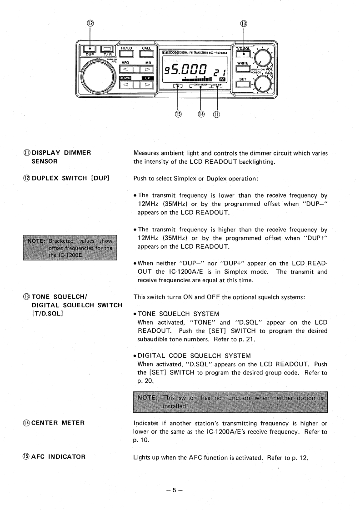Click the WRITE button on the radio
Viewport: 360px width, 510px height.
243,69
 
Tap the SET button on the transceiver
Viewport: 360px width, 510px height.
243,84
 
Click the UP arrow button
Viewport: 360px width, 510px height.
146,85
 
